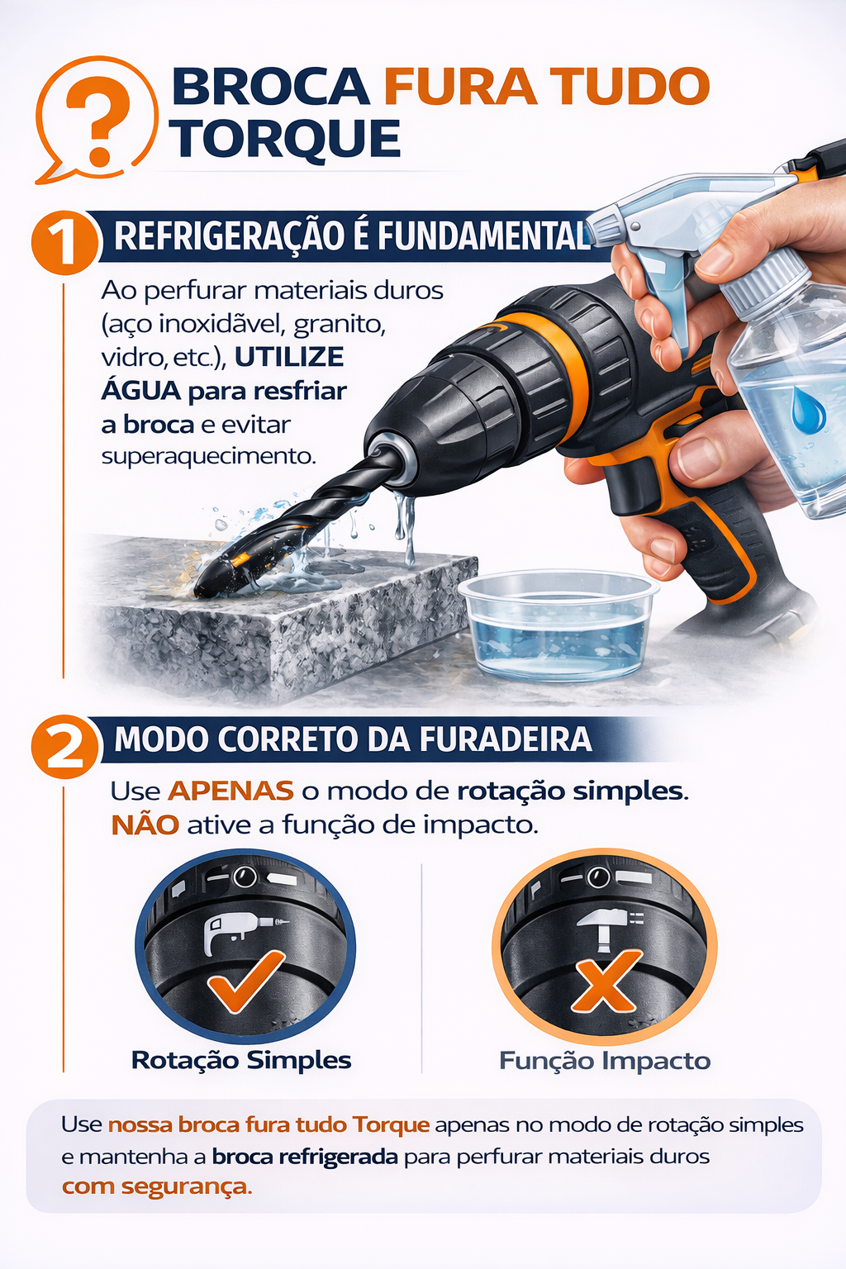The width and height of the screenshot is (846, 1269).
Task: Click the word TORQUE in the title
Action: (x=286, y=138)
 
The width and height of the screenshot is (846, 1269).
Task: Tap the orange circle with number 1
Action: (x=64, y=243)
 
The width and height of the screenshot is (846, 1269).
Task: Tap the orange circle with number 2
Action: (x=64, y=746)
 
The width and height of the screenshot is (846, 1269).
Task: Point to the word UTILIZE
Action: (x=289, y=357)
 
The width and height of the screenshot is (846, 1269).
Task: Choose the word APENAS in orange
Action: (x=231, y=791)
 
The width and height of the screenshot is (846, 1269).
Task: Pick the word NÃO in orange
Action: (x=145, y=825)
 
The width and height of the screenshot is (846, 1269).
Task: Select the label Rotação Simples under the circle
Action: (x=241, y=1060)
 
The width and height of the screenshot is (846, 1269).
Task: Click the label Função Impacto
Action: (x=605, y=1061)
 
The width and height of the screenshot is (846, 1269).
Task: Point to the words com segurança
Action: (x=157, y=1186)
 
